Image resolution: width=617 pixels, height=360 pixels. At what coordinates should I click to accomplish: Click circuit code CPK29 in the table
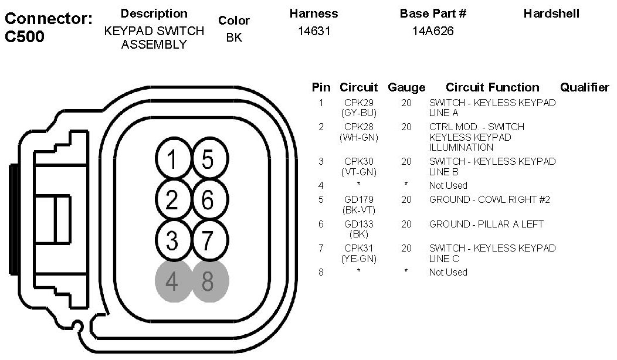pyautogui.click(x=358, y=103)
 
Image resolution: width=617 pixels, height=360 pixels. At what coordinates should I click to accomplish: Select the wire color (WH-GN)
pyautogui.click(x=358, y=137)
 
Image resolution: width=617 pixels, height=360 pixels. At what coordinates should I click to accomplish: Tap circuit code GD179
pyautogui.click(x=358, y=199)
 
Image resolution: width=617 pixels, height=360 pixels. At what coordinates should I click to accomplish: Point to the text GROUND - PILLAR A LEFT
pyautogui.click(x=486, y=224)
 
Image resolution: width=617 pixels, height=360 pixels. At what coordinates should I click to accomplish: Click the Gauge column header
pyautogui.click(x=406, y=87)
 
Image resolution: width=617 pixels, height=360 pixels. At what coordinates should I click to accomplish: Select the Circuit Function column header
pyautogui.click(x=492, y=87)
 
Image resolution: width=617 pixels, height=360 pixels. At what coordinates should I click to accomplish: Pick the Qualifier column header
pyautogui.click(x=584, y=87)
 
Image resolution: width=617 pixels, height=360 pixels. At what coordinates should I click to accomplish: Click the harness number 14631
pyautogui.click(x=314, y=31)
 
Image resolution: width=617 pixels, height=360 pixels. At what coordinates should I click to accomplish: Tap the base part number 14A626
pyautogui.click(x=433, y=31)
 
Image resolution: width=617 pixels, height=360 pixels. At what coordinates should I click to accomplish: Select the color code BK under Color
pyautogui.click(x=233, y=38)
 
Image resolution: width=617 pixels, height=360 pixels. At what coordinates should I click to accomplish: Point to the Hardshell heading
pyautogui.click(x=551, y=13)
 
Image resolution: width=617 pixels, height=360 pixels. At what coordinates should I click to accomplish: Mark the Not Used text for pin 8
pyautogui.click(x=448, y=272)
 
